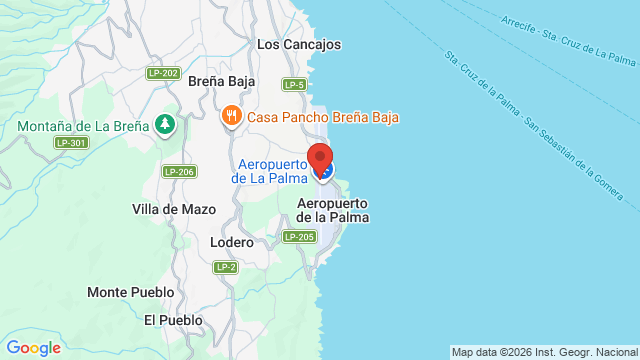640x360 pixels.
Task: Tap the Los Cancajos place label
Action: point(299,44)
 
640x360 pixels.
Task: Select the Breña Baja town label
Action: point(222,82)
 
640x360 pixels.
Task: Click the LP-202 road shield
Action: point(162,73)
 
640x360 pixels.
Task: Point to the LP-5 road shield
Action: point(294,85)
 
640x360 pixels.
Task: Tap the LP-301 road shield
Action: point(70,143)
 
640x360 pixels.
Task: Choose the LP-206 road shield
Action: point(179,171)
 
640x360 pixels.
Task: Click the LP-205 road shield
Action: point(299,236)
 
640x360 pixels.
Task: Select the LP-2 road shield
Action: point(225,267)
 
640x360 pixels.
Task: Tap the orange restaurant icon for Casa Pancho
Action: point(232,116)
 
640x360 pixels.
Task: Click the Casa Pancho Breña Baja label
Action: point(323,117)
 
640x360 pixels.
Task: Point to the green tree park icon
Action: point(165,126)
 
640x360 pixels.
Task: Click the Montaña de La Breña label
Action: point(83,127)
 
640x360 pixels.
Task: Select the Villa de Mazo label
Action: point(168,209)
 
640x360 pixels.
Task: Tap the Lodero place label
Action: point(232,242)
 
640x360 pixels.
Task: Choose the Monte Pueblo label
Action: point(130,292)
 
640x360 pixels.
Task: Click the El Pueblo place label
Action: point(173,320)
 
